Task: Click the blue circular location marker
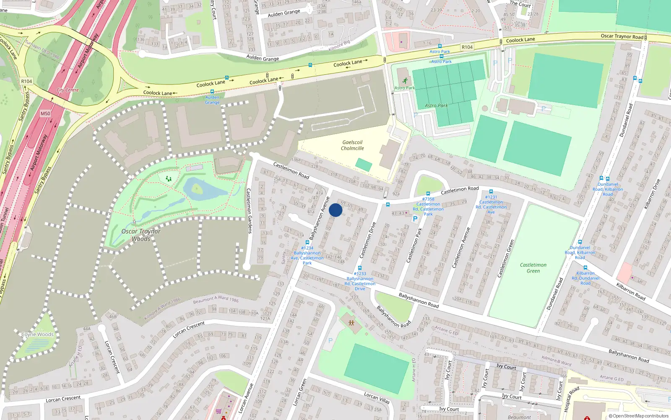click(335, 210)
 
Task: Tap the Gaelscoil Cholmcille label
click(352, 145)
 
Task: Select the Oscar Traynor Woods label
click(141, 235)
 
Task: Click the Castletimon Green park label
click(533, 268)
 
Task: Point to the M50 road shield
click(45, 113)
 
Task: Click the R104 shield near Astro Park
click(467, 47)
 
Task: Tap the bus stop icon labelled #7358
click(428, 194)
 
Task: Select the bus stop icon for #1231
click(491, 192)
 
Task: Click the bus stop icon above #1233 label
click(359, 268)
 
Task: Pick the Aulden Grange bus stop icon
click(212, 91)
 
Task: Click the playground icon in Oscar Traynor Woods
click(169, 179)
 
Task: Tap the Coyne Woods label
click(37, 334)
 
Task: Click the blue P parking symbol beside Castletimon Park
click(415, 218)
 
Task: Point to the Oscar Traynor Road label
click(622, 37)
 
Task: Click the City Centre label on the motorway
click(68, 90)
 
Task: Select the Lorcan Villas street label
click(377, 398)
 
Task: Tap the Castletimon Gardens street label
click(249, 211)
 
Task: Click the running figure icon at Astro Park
click(405, 81)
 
